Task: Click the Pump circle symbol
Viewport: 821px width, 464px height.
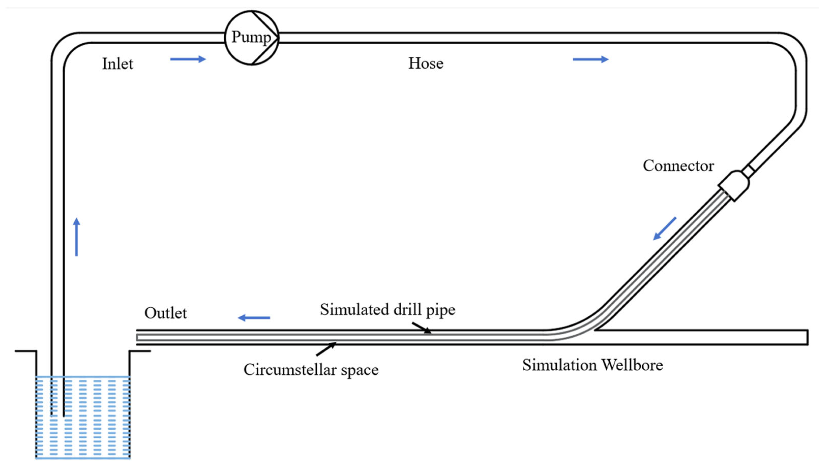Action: coord(251,38)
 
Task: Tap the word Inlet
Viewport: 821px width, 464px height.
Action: coord(117,64)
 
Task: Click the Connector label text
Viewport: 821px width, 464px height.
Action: coord(678,166)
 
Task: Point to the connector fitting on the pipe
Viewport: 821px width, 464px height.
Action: coord(734,186)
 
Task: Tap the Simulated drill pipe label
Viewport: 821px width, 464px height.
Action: coord(387,309)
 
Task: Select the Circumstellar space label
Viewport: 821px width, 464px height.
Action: coord(311,370)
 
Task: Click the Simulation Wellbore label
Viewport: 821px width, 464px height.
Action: coord(592,365)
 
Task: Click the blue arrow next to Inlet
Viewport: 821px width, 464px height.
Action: coord(188,59)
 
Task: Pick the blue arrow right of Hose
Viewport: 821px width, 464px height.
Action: coord(590,59)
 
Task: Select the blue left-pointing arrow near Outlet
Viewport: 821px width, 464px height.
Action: coord(254,318)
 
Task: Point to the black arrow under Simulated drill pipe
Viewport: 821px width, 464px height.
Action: coord(422,328)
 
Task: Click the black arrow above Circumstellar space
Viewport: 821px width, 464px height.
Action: coord(326,349)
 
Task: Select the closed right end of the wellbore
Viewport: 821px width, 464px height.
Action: coord(807,337)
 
